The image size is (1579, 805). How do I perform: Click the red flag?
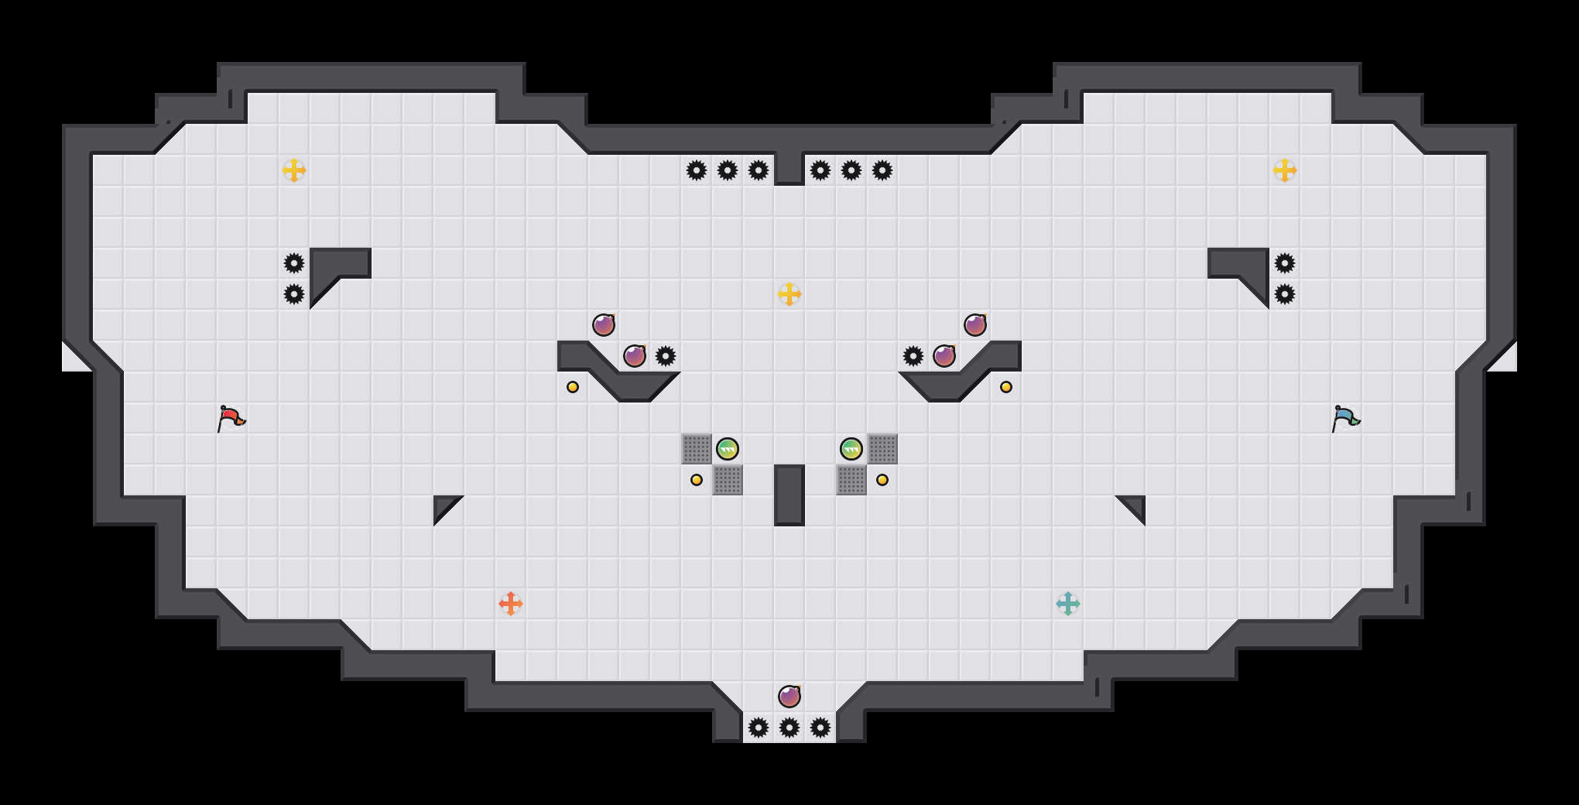[231, 418]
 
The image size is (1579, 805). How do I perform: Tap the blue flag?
[1345, 418]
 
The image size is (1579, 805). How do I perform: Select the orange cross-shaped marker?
[511, 604]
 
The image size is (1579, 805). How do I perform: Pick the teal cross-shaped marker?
[1068, 604]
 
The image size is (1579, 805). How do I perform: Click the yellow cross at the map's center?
[789, 294]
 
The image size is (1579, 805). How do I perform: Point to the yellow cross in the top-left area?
[294, 170]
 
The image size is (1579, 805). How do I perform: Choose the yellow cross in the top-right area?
[1285, 170]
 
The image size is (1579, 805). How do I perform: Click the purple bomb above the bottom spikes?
[789, 697]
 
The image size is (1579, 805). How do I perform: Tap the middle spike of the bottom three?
[789, 728]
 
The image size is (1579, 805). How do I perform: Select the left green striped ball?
[728, 449]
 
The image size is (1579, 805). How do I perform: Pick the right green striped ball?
[851, 449]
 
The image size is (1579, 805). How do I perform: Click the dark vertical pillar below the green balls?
[789, 495]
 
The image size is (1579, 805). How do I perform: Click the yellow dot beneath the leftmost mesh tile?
[697, 480]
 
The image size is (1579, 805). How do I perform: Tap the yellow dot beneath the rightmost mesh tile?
[882, 480]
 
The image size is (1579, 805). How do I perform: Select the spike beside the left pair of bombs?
[666, 356]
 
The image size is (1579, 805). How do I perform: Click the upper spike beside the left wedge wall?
[294, 263]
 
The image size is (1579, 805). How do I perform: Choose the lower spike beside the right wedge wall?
[1285, 294]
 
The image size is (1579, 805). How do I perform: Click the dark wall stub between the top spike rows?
[789, 166]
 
